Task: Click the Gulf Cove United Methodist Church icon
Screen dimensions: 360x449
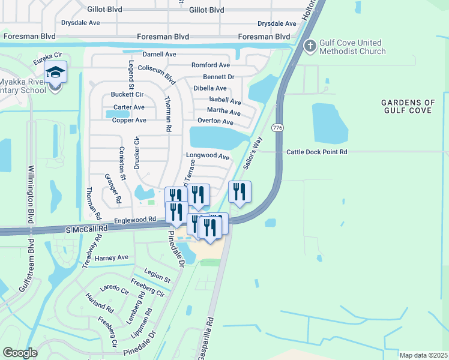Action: click(310, 46)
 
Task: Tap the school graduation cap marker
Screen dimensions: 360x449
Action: click(55, 73)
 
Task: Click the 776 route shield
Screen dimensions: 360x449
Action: click(277, 128)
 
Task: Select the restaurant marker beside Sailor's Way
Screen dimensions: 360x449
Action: click(240, 193)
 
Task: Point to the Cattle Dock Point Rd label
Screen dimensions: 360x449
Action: click(316, 152)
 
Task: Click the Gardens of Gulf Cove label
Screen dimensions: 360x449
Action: click(408, 107)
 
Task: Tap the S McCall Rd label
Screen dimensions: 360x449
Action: click(87, 229)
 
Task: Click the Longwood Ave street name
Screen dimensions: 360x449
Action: click(208, 157)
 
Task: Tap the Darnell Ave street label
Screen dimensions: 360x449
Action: click(159, 54)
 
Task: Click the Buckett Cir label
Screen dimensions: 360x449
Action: click(127, 95)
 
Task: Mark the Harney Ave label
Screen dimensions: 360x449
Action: click(112, 258)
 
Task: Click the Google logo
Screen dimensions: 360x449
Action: click(20, 353)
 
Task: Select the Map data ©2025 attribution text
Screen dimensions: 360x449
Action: click(423, 355)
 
